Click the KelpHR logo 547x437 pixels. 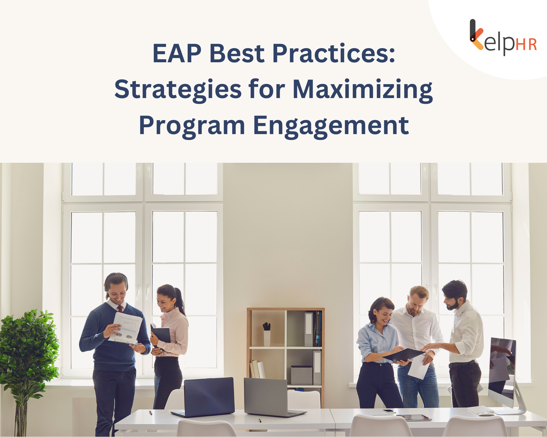tap(503, 38)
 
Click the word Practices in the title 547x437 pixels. tap(334, 53)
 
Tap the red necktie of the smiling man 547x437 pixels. tap(120, 309)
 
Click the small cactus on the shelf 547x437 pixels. tap(267, 326)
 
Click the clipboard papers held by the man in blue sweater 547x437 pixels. tap(126, 328)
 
